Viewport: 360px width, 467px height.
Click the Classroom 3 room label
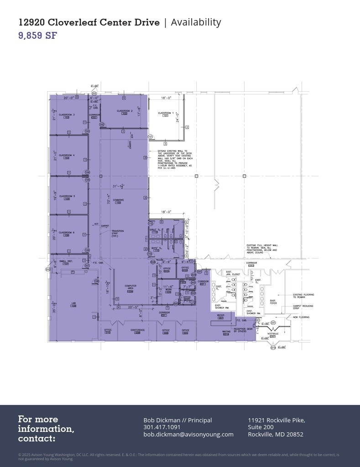tap(67, 115)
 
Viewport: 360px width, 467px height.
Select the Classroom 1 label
tap(165, 113)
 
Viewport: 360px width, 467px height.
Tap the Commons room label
tap(118, 200)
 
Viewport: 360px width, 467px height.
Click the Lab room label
tap(73, 303)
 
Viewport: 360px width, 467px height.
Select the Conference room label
tap(137, 330)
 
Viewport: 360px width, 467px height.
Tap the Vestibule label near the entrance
tap(273, 334)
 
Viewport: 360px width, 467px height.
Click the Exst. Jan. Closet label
tap(233, 273)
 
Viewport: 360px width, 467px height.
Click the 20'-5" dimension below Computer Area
tap(133, 307)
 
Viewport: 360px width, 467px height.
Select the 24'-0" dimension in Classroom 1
tap(177, 118)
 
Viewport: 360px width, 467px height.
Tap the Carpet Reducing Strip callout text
tap(303, 307)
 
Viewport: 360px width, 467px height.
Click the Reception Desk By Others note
tap(243, 330)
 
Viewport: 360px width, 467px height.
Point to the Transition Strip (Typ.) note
tap(118, 233)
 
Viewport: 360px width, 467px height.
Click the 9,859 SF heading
tap(37, 36)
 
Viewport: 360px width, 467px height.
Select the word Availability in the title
tap(196, 22)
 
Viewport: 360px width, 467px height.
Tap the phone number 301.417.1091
tap(162, 427)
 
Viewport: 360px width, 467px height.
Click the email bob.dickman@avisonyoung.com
tap(188, 434)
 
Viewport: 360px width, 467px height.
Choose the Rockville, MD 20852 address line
tap(275, 434)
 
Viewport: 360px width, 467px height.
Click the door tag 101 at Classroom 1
tap(150, 136)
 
